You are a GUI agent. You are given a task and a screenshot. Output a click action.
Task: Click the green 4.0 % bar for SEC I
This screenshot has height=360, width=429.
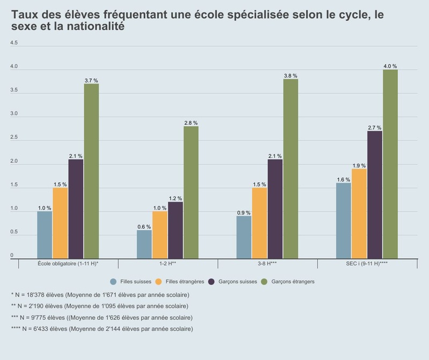390,164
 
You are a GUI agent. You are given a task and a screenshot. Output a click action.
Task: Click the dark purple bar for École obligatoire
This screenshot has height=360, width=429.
76,209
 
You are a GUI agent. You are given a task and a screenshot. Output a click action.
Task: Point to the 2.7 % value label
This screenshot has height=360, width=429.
374,127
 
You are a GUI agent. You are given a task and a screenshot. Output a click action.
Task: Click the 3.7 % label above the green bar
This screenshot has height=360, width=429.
91,80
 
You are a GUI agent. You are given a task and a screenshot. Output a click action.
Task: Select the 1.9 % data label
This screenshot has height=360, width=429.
359,166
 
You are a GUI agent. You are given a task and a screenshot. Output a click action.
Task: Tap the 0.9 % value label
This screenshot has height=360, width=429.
244,213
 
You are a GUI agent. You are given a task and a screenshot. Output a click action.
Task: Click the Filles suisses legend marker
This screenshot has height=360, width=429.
114,281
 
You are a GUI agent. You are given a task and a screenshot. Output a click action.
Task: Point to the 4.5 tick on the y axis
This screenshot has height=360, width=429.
14,43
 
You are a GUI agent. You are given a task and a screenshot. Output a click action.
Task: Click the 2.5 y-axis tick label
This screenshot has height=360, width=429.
14,138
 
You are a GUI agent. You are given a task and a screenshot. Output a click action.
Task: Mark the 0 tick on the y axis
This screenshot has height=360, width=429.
12,256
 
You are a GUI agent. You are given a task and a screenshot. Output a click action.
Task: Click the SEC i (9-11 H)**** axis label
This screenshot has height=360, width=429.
367,264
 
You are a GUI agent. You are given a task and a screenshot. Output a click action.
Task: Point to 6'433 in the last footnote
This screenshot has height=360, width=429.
46,328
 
